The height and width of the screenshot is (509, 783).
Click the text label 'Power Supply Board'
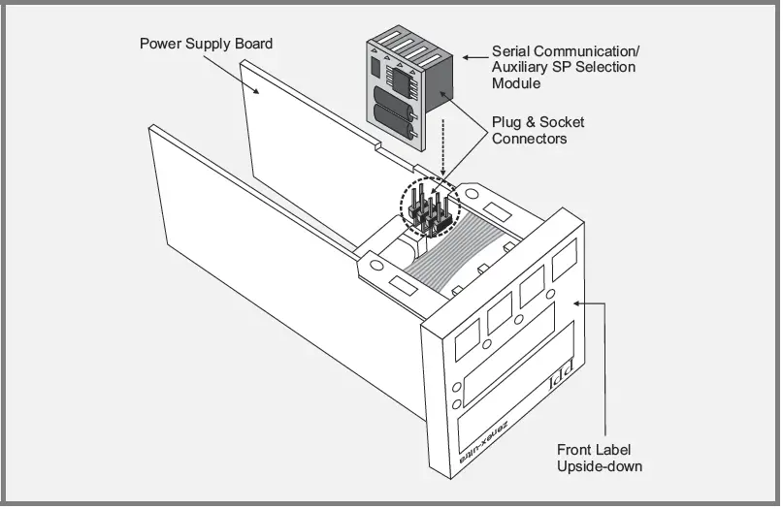click(x=206, y=44)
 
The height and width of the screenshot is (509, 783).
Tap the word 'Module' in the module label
click(x=518, y=84)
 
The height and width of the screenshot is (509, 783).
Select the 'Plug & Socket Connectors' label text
click(x=538, y=131)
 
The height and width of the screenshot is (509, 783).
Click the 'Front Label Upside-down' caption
click(x=599, y=458)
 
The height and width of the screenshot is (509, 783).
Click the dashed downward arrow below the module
click(x=442, y=145)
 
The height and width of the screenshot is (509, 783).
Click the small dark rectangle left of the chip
click(x=377, y=67)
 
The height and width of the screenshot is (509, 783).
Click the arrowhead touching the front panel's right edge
click(x=579, y=302)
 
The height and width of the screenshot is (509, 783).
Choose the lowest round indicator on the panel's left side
click(x=457, y=405)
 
